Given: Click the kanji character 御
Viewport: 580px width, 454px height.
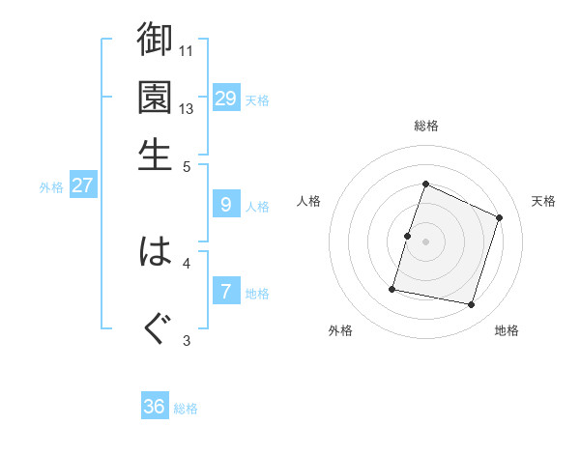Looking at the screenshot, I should (x=155, y=40).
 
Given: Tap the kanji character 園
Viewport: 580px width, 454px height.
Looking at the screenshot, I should (x=155, y=98).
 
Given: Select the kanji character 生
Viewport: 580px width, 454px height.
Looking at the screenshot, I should (x=155, y=154).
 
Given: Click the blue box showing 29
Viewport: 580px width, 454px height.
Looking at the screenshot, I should (x=225, y=98).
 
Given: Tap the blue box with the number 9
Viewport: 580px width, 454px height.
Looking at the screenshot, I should (x=225, y=204).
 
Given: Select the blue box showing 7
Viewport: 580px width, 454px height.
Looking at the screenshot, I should (x=225, y=291).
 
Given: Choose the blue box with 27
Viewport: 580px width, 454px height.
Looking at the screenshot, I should (x=82, y=185).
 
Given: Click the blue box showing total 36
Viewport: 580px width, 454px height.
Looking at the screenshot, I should (x=155, y=407).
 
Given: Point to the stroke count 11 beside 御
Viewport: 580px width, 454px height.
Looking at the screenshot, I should (x=187, y=50).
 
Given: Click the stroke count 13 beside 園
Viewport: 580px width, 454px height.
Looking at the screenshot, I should (x=187, y=108).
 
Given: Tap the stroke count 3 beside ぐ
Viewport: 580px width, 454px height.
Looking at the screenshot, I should (x=187, y=339).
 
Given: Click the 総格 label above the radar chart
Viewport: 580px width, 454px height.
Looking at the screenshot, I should (x=425, y=126).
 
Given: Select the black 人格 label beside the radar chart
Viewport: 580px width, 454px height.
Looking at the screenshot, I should (x=309, y=201).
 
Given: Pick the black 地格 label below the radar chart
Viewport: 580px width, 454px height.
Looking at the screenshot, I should (x=507, y=330).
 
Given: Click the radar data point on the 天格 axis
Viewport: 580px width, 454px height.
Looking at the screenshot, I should (x=500, y=217).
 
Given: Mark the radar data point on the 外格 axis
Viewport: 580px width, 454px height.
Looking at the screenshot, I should (x=392, y=289).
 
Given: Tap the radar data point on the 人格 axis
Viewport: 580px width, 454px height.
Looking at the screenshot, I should (x=407, y=236).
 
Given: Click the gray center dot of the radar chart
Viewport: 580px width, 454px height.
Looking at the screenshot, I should (x=425, y=241).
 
